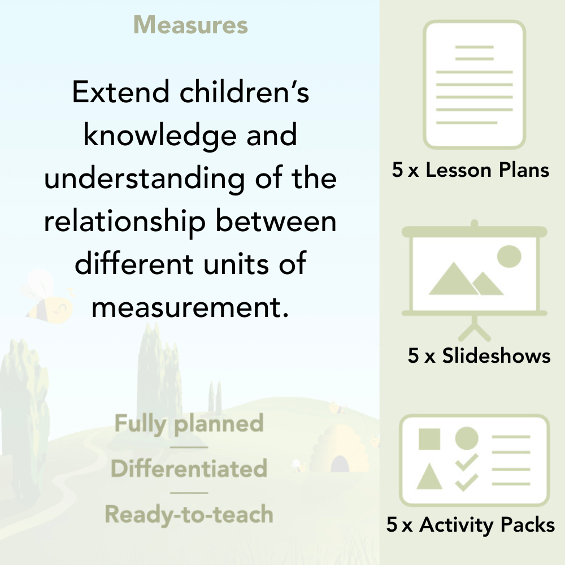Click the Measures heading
pyautogui.click(x=190, y=25)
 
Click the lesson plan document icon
pyautogui.click(x=475, y=84)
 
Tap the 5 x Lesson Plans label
pyautogui.click(x=471, y=170)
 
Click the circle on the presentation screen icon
pyautogui.click(x=508, y=256)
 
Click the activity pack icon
pyautogui.click(x=474, y=460)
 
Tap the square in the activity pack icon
pyautogui.click(x=429, y=438)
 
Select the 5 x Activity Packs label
pyautogui.click(x=471, y=525)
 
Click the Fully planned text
pyautogui.click(x=189, y=424)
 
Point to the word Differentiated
pyautogui.click(x=189, y=468)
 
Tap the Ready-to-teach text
pyautogui.click(x=189, y=514)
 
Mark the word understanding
pyautogui.click(x=144, y=179)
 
